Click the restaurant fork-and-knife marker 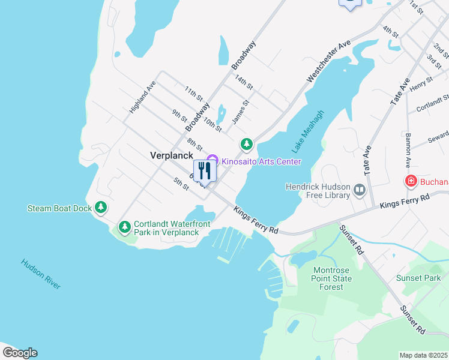[205, 171]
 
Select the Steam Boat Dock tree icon [101, 208]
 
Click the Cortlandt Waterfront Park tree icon [124, 227]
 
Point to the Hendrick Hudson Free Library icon [359, 191]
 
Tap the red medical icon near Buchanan [411, 181]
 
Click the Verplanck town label [171, 155]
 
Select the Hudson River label [40, 274]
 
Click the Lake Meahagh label [308, 131]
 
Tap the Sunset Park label [418, 278]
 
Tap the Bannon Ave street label [408, 150]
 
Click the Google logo [19, 353]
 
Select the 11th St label [194, 94]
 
